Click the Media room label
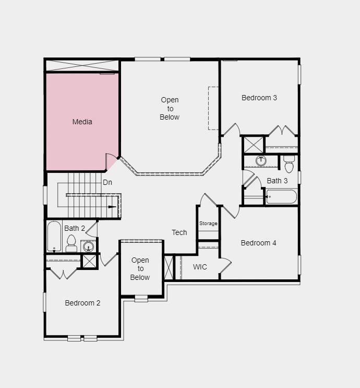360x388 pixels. point(82,122)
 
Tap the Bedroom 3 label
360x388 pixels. point(259,98)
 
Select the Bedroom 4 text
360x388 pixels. point(259,243)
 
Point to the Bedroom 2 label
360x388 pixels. point(82,303)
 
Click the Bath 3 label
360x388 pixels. point(277,181)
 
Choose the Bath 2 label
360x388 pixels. point(75,228)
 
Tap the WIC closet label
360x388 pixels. point(200,267)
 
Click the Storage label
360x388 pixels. point(208,224)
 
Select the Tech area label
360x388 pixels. point(179,232)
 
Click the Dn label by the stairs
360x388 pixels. point(107,182)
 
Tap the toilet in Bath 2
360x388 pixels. point(71,243)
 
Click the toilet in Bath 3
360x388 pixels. point(289,164)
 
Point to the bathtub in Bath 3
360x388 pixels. point(281,197)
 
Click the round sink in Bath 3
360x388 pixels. point(261,161)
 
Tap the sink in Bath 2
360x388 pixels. point(89,246)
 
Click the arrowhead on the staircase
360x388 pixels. point(112,207)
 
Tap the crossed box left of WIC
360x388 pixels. point(169,267)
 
